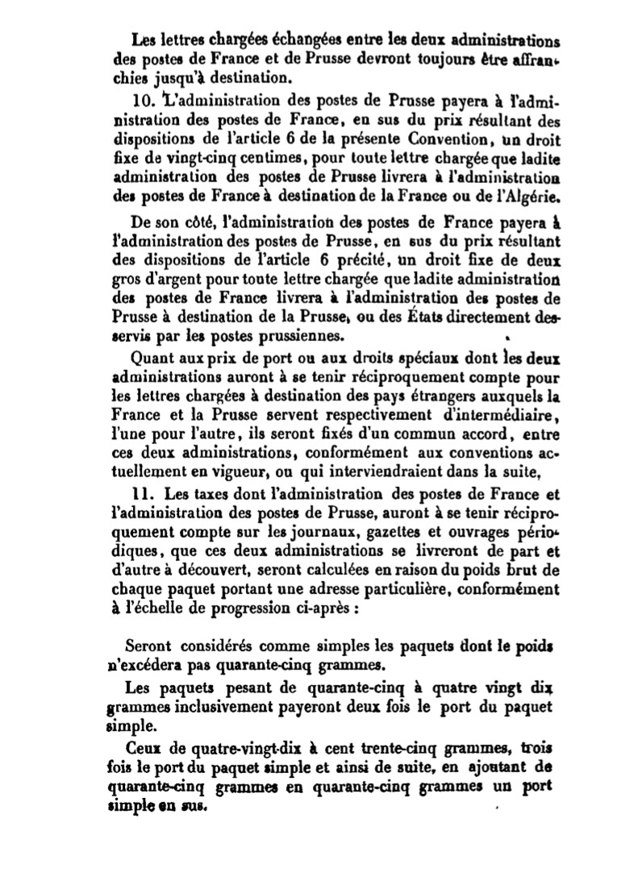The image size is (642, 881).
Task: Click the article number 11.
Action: coord(142,492)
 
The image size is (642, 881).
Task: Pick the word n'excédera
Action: coord(145,667)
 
